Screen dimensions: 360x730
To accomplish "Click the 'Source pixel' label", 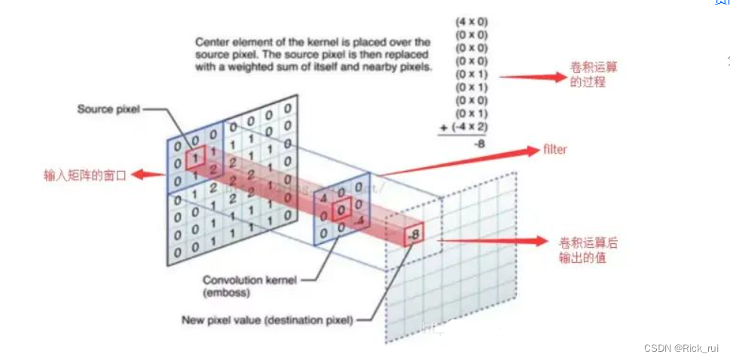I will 108,109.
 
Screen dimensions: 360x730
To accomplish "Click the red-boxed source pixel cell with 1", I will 194,159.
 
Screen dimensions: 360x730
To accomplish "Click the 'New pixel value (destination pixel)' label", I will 267,320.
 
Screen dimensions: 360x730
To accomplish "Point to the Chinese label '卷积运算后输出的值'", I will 588,250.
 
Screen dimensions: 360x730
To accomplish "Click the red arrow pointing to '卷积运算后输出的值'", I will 493,242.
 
